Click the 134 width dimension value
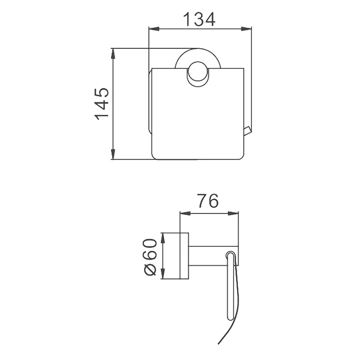coord(200,20)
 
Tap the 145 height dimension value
coord(101,104)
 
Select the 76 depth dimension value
coord(208,201)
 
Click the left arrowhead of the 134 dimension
coord(154,29)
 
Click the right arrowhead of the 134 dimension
coord(246,29)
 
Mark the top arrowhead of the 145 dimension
coord(113,53)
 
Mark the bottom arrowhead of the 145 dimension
coord(113,154)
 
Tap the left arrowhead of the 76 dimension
coord(185,214)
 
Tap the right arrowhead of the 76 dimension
coord(233,214)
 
